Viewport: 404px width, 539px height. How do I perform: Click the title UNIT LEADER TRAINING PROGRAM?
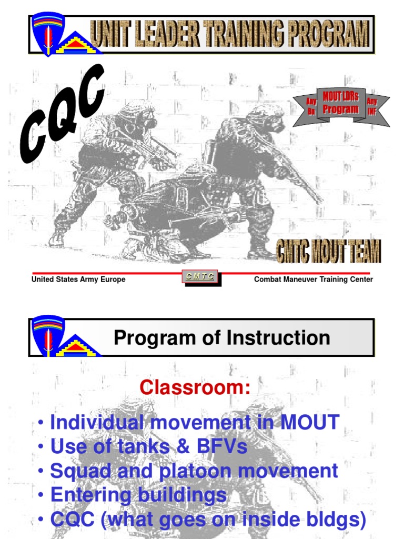(x=230, y=35)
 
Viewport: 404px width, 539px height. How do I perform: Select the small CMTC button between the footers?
(x=200, y=276)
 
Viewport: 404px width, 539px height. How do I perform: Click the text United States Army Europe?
(x=78, y=280)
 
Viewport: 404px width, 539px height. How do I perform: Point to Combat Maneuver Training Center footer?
(x=314, y=280)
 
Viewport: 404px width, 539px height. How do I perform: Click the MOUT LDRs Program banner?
(x=340, y=104)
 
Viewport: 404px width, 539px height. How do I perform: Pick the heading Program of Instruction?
(x=222, y=338)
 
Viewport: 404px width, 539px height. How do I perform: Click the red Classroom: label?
(x=195, y=388)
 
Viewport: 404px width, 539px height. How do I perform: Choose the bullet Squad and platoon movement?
(x=194, y=471)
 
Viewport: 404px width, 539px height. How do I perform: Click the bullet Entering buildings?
(x=138, y=495)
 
